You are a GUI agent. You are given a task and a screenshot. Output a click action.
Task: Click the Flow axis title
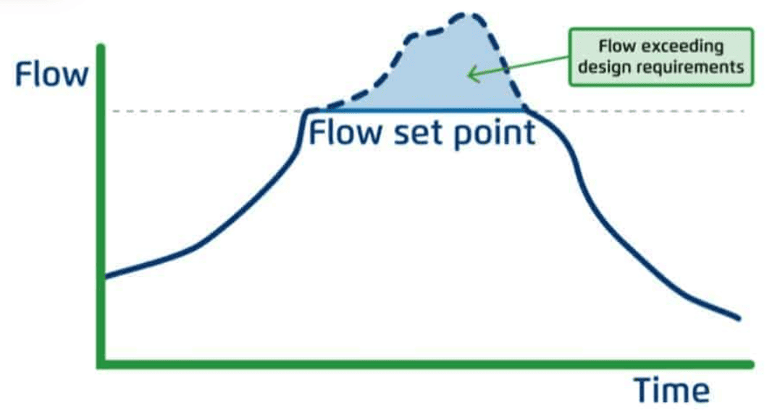click(51, 75)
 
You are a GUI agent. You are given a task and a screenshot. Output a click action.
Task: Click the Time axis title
click(671, 390)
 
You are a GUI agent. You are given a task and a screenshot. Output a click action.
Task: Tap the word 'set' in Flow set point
click(418, 133)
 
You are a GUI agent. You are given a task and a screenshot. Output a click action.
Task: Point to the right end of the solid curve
click(739, 318)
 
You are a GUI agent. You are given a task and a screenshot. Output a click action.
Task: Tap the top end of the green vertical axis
click(101, 47)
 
